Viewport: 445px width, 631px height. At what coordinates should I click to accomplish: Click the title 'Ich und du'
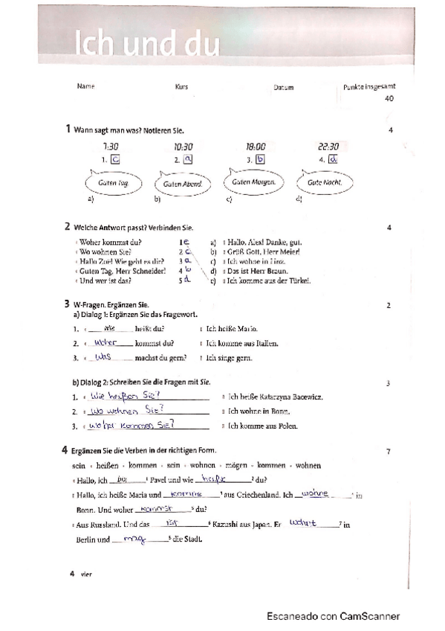pyautogui.click(x=146, y=44)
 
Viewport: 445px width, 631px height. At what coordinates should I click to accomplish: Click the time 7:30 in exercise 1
pyautogui.click(x=111, y=147)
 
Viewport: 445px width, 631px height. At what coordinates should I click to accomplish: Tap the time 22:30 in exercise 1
pyautogui.click(x=328, y=147)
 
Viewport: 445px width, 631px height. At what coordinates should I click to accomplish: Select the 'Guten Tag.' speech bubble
pyautogui.click(x=114, y=182)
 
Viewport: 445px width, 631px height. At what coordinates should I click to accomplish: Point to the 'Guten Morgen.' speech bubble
pyautogui.click(x=254, y=182)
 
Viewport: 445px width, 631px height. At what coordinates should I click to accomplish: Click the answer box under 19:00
pyautogui.click(x=260, y=158)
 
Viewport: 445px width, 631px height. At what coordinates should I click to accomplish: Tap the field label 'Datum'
pyautogui.click(x=283, y=88)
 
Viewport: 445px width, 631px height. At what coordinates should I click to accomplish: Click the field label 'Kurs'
pyautogui.click(x=181, y=87)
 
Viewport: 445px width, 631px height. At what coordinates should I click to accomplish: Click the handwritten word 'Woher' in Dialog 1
pyautogui.click(x=107, y=342)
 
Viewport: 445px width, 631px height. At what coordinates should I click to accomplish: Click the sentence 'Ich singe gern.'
pyautogui.click(x=230, y=359)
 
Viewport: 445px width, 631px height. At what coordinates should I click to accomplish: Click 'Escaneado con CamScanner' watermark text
pyautogui.click(x=334, y=616)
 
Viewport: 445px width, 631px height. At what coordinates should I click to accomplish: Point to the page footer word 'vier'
pyautogui.click(x=83, y=573)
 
